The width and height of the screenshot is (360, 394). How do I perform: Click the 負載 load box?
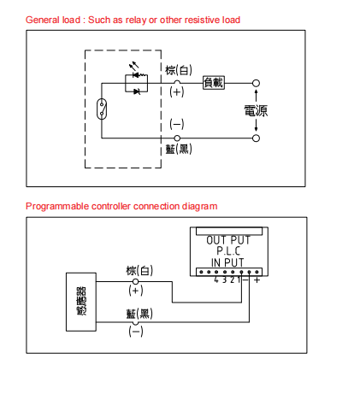[x=214, y=83]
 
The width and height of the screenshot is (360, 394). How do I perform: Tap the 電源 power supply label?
[x=256, y=111]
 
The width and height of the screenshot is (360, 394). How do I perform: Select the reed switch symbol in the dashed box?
[x=102, y=109]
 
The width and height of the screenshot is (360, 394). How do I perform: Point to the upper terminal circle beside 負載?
[x=256, y=83]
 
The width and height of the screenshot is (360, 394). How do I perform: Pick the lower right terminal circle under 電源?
[x=256, y=138]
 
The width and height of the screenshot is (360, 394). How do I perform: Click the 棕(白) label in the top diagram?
[x=179, y=70]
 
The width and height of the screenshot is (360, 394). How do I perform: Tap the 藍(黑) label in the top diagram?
[x=179, y=149]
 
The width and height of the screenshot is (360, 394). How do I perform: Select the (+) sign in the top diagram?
[x=177, y=92]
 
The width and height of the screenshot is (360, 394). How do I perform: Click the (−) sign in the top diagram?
[x=177, y=124]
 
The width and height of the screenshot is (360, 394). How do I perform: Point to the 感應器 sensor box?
[x=81, y=302]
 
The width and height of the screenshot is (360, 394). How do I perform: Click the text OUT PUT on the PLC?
[x=228, y=240]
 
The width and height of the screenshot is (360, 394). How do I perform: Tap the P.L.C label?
[x=228, y=251]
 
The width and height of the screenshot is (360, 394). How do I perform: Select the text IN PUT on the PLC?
[x=227, y=262]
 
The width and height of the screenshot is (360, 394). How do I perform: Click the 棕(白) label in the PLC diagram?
[x=139, y=271]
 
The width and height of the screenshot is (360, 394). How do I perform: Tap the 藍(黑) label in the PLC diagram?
[x=139, y=314]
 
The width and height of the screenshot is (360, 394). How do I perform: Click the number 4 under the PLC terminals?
[x=216, y=279]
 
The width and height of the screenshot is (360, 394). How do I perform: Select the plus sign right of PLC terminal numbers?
[x=257, y=280]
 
